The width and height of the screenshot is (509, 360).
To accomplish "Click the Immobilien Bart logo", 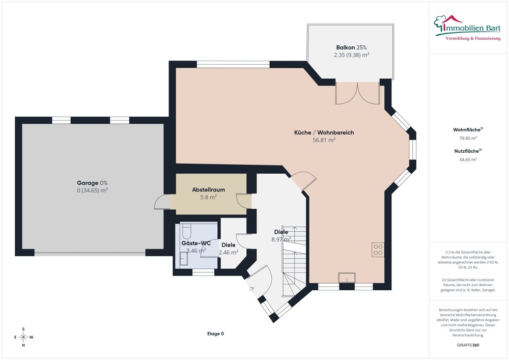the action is coord(467,27).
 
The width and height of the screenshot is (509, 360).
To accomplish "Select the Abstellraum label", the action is coord(208,189).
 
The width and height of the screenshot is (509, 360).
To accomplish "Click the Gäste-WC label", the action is coord(196,243).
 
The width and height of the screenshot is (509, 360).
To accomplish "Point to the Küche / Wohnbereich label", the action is coord(324,132).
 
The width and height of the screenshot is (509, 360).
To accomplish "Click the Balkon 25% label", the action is coord(352,47).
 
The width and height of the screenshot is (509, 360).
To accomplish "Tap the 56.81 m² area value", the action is coord(324,140).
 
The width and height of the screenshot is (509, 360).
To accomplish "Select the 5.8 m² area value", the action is coord(208,197).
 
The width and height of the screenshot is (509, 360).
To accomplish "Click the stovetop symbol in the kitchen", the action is coord(378,250).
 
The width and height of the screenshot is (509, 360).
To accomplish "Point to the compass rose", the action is coord(23,337).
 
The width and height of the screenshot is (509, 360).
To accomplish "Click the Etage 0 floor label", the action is coord(215,334).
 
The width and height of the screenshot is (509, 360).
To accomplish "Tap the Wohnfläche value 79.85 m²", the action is coord(468,138).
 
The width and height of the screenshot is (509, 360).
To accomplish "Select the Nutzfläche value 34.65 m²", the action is coord(468,159).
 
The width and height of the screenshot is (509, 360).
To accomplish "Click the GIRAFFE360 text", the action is coord(468,345).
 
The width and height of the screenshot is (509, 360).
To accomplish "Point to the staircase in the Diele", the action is coord(294,261).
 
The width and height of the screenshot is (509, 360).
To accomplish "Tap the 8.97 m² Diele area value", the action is coord(281,239).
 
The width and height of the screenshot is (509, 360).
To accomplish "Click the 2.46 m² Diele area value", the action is coord(229,252).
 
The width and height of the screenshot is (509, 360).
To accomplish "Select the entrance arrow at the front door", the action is coord(250,288).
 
